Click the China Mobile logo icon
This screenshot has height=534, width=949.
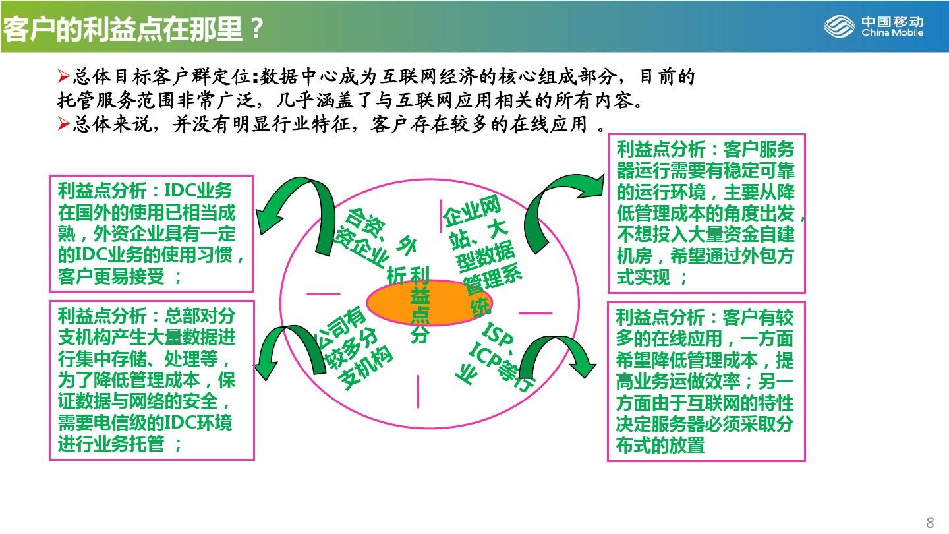click(839, 26)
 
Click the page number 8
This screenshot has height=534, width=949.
click(930, 522)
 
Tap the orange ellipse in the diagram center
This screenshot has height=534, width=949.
click(429, 303)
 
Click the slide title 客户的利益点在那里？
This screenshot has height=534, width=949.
click(133, 29)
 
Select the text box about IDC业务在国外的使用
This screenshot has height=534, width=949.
click(152, 233)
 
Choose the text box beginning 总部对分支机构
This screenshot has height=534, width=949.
click(152, 380)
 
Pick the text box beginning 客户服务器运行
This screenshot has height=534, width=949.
click(706, 214)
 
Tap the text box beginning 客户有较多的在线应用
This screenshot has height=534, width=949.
click(706, 382)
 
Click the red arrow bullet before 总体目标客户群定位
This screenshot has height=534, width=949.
click(63, 76)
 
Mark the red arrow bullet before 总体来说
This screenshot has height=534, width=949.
click(63, 124)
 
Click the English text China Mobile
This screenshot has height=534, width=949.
click(892, 33)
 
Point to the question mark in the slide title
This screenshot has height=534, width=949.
click(256, 29)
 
